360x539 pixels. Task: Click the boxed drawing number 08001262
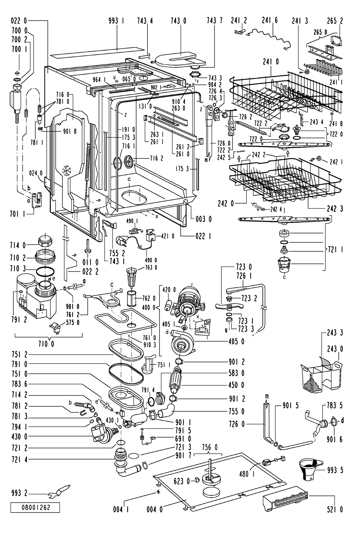[35, 508]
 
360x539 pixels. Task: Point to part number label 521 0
[334, 509]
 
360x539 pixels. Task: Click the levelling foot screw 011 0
[87, 246]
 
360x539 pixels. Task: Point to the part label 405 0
[236, 341]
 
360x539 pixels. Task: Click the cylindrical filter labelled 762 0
[132, 298]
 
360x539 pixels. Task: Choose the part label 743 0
[179, 21]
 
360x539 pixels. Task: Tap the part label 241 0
[271, 62]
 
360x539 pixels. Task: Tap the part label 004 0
[154, 509]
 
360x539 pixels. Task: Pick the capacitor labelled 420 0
[168, 305]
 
